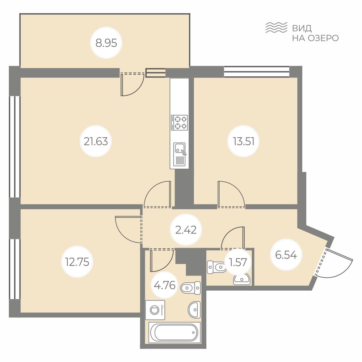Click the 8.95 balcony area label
pyautogui.click(x=106, y=43)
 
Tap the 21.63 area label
pyautogui.click(x=96, y=141)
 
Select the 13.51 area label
pyautogui.click(x=244, y=141)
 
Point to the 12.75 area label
pyautogui.click(x=77, y=262)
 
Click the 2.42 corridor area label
pyautogui.click(x=186, y=230)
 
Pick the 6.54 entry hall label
pyautogui.click(x=286, y=254)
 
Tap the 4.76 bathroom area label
pyautogui.click(x=165, y=285)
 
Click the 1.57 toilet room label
pyautogui.click(x=238, y=262)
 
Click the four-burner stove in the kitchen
pyautogui.click(x=180, y=122)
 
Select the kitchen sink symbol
pyautogui.click(x=180, y=154)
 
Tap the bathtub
pyautogui.click(x=174, y=332)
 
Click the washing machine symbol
pyautogui.click(x=155, y=310)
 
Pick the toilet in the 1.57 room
pyautogui.click(x=216, y=267)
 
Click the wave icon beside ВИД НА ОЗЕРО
pyautogui.click(x=276, y=28)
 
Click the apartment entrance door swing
pyautogui.click(x=334, y=263)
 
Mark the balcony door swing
pyautogui.click(x=132, y=85)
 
